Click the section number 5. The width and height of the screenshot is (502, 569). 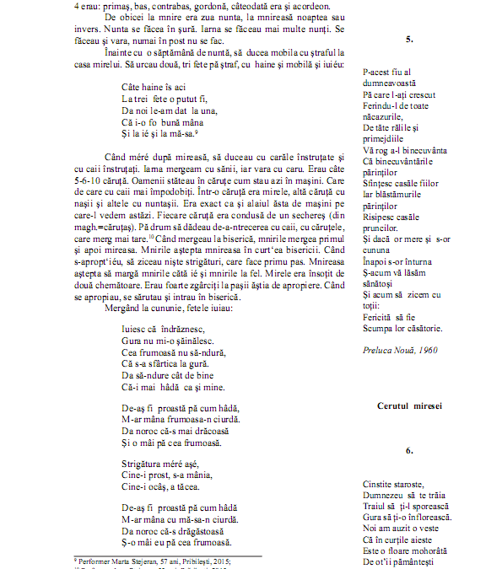(x=409, y=40)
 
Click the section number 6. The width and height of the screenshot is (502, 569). (x=409, y=451)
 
